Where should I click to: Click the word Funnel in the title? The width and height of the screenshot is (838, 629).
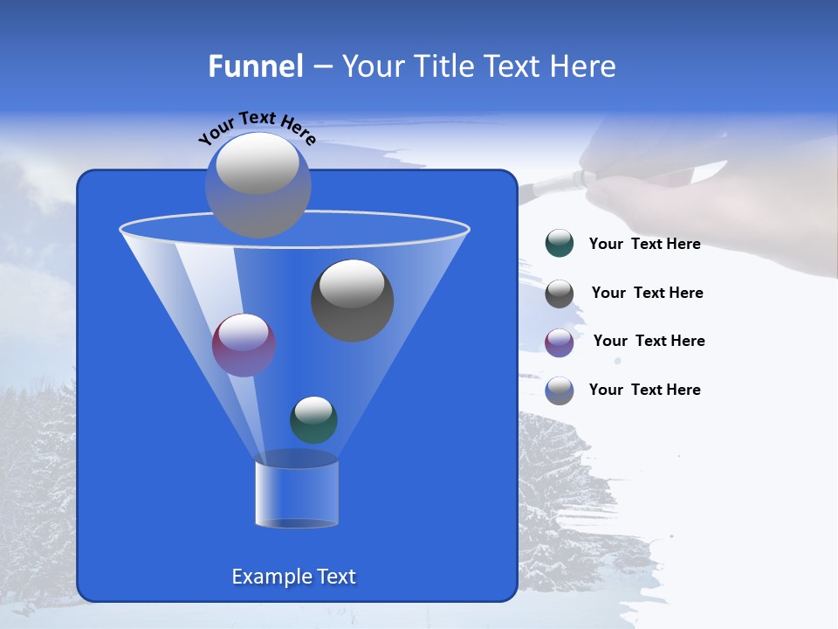pos(255,66)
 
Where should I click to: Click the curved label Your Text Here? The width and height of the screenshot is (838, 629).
pos(258,126)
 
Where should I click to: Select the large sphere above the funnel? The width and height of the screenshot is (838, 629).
pos(258,184)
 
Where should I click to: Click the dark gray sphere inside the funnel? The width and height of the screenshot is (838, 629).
pos(353,301)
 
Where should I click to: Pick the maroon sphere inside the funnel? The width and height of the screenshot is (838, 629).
pos(244,345)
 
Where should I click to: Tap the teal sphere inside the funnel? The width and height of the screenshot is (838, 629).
pos(313,420)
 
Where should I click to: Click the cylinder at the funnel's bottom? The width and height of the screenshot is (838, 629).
pos(297,494)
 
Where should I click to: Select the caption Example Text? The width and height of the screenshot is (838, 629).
pos(293,577)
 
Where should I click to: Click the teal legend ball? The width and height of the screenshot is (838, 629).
pos(560,244)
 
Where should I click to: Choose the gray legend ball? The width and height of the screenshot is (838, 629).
pos(560,294)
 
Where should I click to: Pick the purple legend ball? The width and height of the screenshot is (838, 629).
pos(560,342)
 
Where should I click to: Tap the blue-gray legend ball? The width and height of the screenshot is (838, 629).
pos(560,391)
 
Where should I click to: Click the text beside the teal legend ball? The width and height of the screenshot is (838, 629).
pos(644,245)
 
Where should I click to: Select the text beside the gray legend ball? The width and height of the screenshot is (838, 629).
pos(647,294)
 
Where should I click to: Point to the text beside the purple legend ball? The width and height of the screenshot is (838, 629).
pos(649,342)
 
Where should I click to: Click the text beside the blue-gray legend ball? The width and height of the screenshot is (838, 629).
pos(644,390)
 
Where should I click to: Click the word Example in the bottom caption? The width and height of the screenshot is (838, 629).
pos(265,577)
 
